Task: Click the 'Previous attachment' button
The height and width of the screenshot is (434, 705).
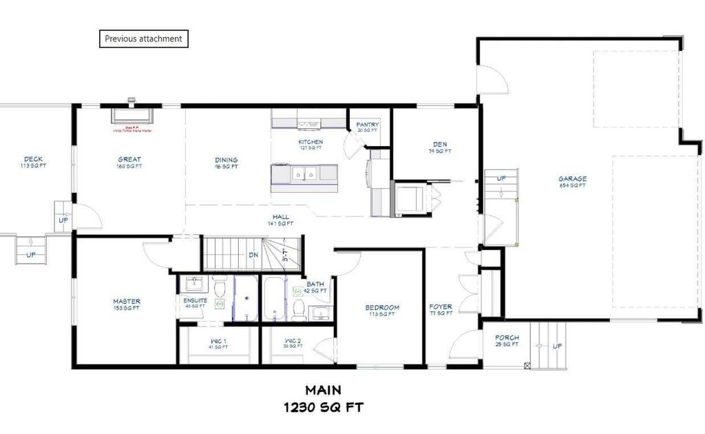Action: [143, 39]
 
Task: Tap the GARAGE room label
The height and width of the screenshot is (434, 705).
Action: [572, 180]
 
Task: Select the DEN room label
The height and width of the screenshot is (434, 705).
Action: [441, 145]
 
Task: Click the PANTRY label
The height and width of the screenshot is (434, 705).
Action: [368, 125]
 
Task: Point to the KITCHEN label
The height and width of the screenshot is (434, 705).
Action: [311, 143]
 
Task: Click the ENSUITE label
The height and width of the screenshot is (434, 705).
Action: [195, 300]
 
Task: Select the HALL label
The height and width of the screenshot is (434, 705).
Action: [280, 218]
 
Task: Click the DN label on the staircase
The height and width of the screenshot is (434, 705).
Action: [253, 255]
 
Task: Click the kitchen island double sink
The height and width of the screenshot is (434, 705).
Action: [304, 175]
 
